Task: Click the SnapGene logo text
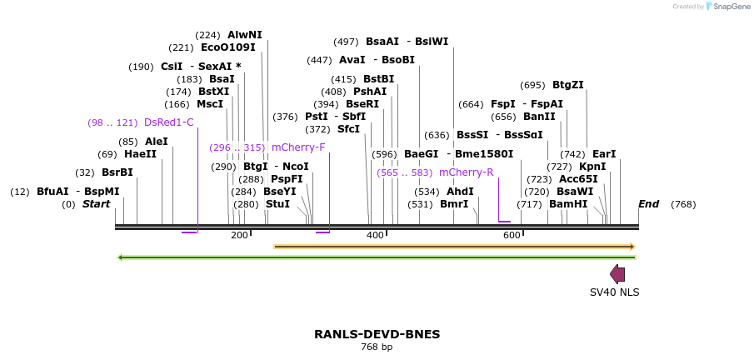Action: point(732,7)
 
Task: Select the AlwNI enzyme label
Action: point(244,35)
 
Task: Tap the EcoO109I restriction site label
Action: point(227,48)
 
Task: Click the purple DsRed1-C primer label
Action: point(168,122)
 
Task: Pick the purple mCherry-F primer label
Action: point(298,147)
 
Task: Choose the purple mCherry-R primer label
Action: point(466,172)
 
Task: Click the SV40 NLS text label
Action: point(614,292)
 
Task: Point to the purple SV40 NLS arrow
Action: point(617,274)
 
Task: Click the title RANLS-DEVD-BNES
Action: point(377,334)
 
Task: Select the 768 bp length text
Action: point(377,347)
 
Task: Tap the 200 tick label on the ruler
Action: point(239,236)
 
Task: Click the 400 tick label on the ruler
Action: point(376,236)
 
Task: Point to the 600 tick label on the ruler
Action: point(512,236)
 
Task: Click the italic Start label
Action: point(96,204)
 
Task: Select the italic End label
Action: point(648,204)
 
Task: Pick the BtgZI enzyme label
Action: point(568,85)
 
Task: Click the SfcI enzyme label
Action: point(348,129)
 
